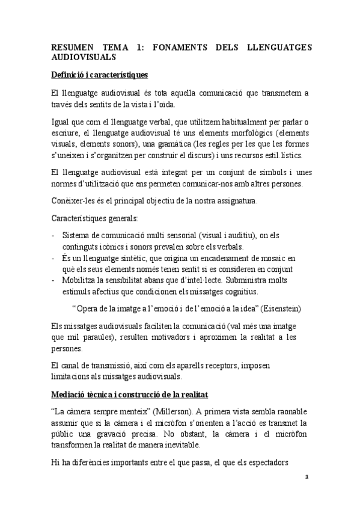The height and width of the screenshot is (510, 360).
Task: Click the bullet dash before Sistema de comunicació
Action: [x=54, y=235]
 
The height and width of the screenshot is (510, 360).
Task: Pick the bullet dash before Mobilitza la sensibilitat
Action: [x=54, y=280]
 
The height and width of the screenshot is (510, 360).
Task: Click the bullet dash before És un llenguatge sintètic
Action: [x=54, y=257]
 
